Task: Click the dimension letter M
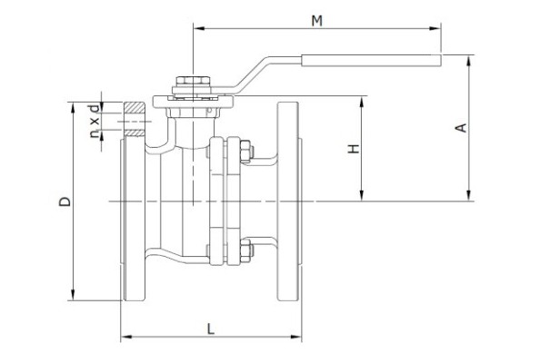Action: click(x=316, y=21)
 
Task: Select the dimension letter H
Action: click(x=354, y=149)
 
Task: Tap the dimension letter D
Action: click(x=65, y=201)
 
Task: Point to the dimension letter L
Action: click(x=211, y=329)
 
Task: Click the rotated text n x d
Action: click(x=94, y=121)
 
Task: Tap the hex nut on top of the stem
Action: click(x=193, y=81)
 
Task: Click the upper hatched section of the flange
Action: click(x=135, y=107)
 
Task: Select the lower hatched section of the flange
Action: click(x=135, y=133)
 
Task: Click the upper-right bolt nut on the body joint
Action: click(x=245, y=152)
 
